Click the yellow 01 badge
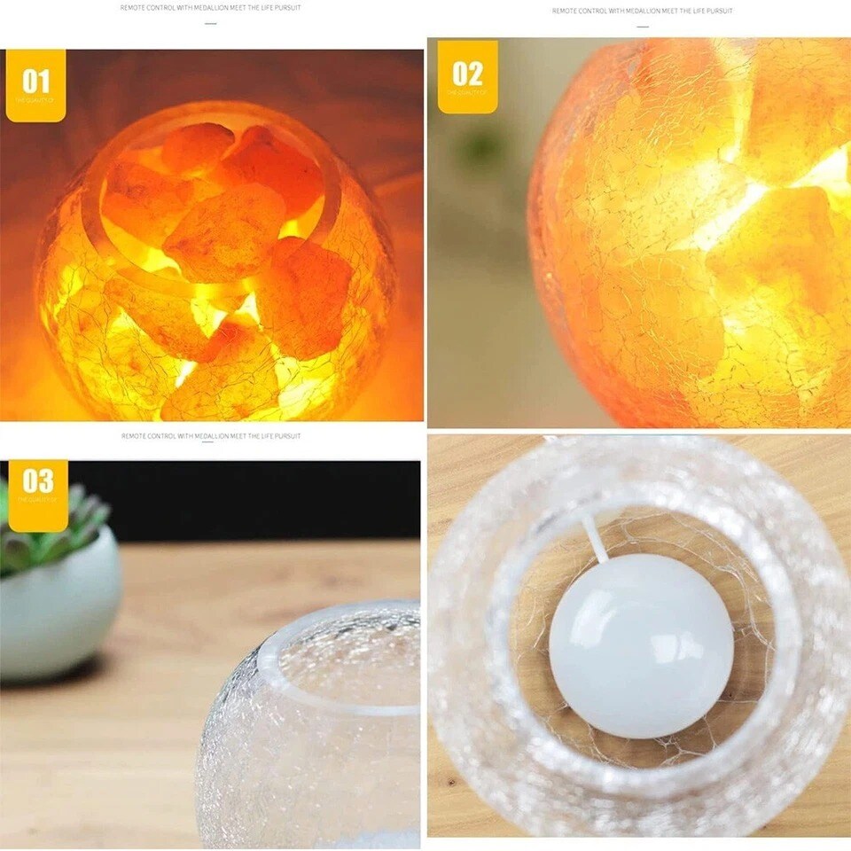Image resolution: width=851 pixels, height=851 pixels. click(x=35, y=85)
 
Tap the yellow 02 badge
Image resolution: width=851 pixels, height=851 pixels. click(x=467, y=76)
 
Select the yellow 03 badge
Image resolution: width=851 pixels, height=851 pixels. click(x=38, y=495)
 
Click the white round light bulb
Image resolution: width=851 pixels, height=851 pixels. click(x=641, y=646)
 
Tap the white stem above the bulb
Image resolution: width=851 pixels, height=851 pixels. click(x=594, y=541)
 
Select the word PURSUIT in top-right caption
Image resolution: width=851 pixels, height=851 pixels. click(x=721, y=12)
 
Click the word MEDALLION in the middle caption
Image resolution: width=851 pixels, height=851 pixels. click(x=206, y=436)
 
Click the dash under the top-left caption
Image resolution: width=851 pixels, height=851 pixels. click(x=211, y=24)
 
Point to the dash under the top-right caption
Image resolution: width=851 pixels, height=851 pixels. click(x=643, y=27)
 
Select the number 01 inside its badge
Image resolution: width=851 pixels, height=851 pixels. click(x=35, y=82)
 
